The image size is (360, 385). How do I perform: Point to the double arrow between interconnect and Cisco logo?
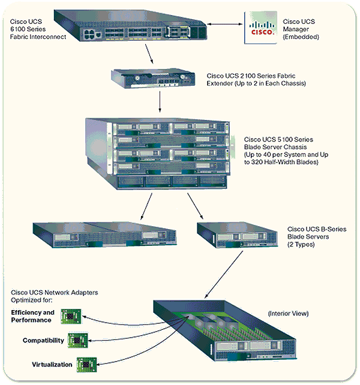click(x=221, y=25)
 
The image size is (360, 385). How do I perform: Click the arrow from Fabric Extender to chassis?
click(x=160, y=103)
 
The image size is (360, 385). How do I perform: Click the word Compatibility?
click(x=43, y=341)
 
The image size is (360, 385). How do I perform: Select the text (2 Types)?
click(x=300, y=245)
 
